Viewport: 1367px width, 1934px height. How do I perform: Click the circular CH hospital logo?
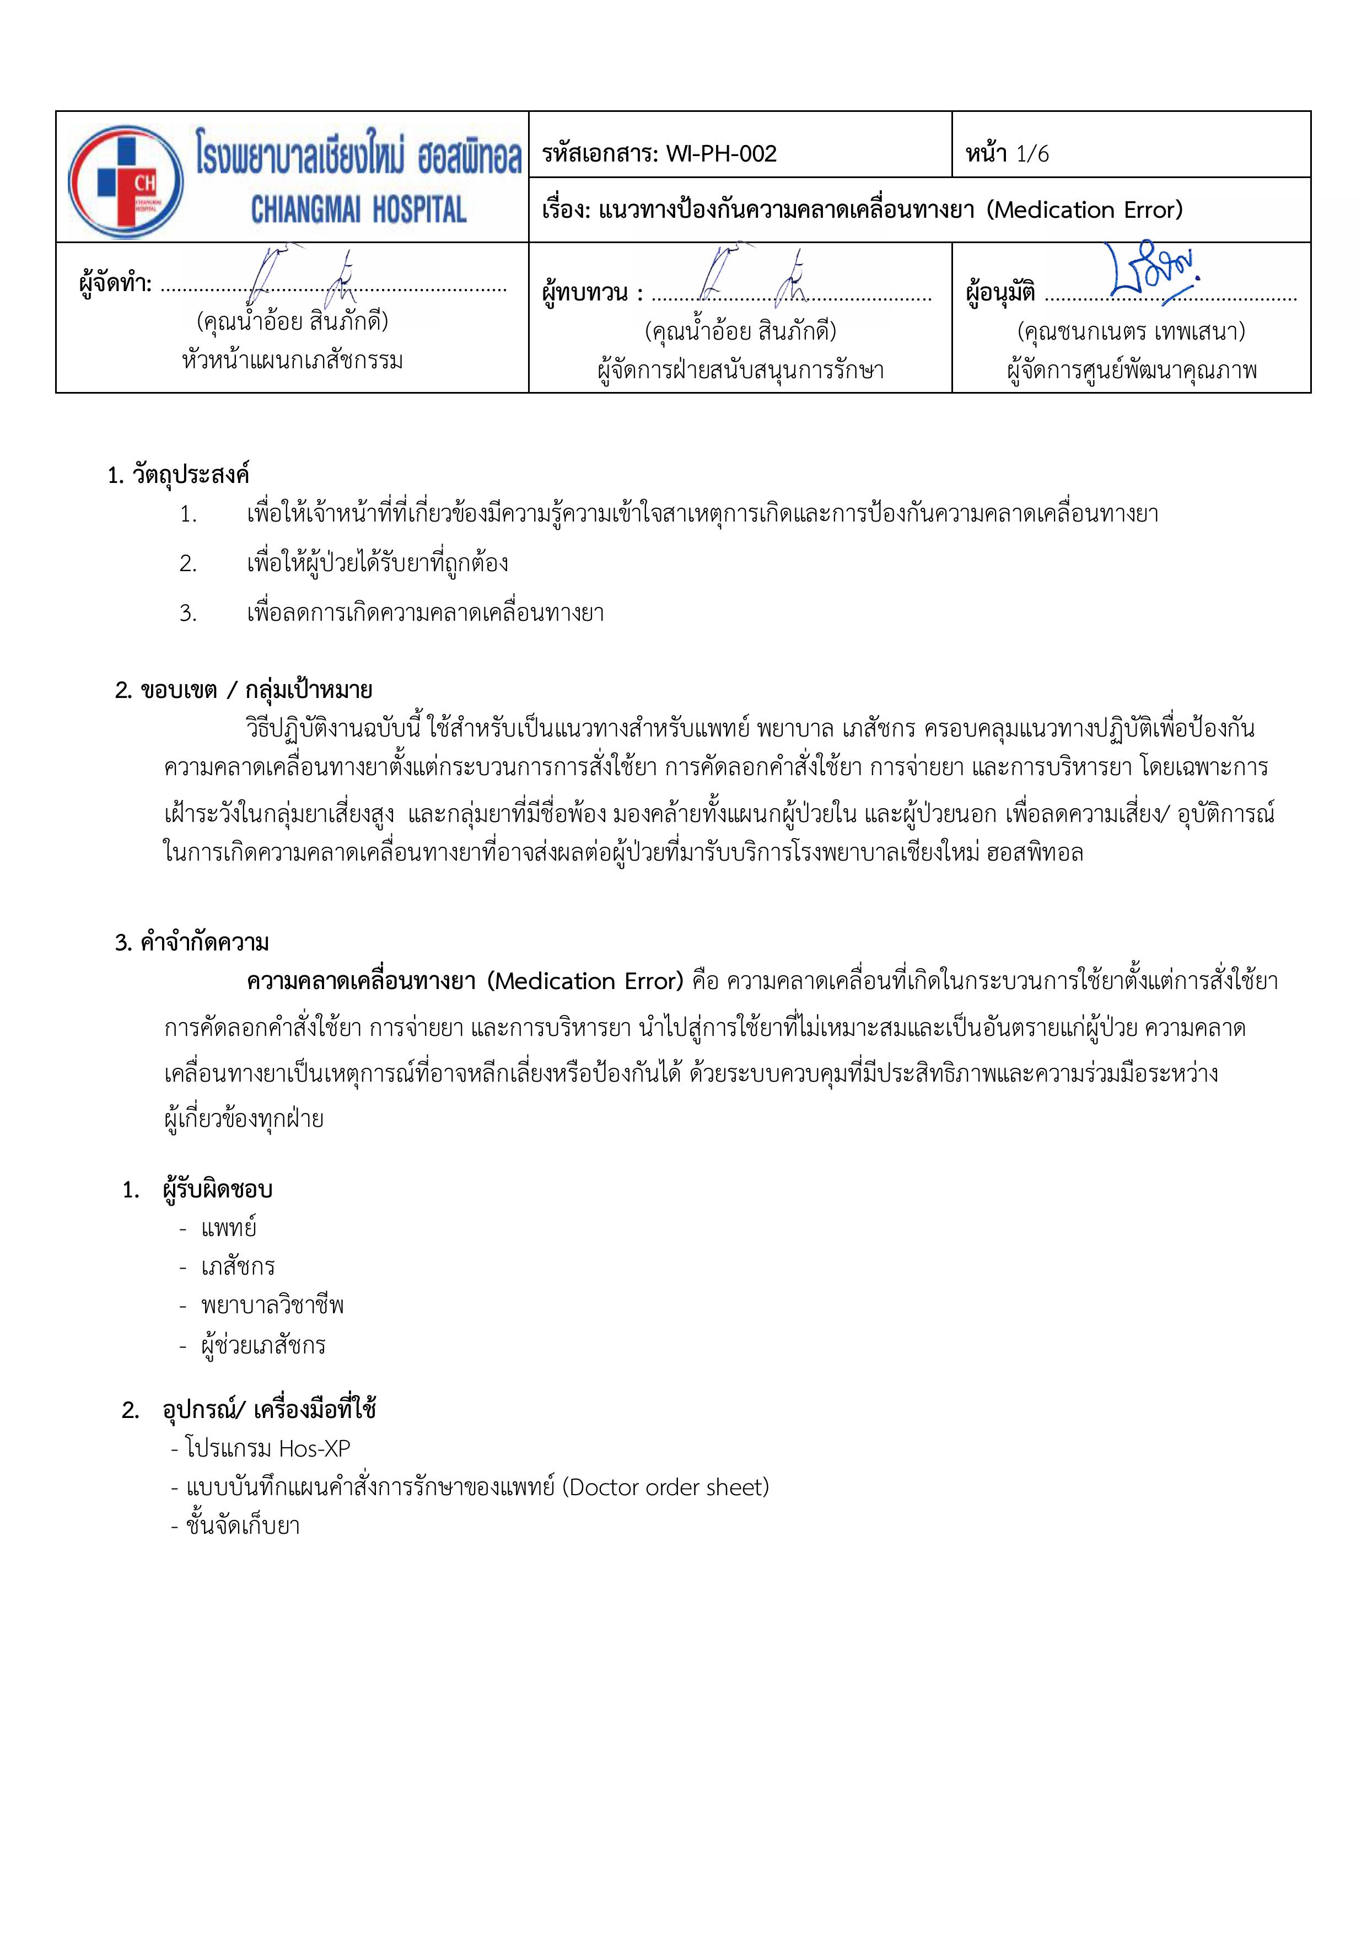(x=126, y=182)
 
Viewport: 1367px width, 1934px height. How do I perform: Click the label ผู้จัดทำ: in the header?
(x=115, y=284)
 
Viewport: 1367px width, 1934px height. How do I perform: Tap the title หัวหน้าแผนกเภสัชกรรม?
(x=292, y=361)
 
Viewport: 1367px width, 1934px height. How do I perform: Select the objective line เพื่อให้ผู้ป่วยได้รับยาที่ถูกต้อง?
(x=378, y=563)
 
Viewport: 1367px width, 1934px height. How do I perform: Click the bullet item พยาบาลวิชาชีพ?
(x=272, y=1305)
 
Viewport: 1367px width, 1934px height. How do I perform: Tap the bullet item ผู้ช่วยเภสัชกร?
(x=263, y=1344)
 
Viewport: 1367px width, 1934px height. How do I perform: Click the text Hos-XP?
(x=314, y=1448)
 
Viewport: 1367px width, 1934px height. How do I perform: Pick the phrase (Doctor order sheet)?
(x=665, y=1487)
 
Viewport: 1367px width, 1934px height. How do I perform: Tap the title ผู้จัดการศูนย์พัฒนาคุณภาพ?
(x=1131, y=370)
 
